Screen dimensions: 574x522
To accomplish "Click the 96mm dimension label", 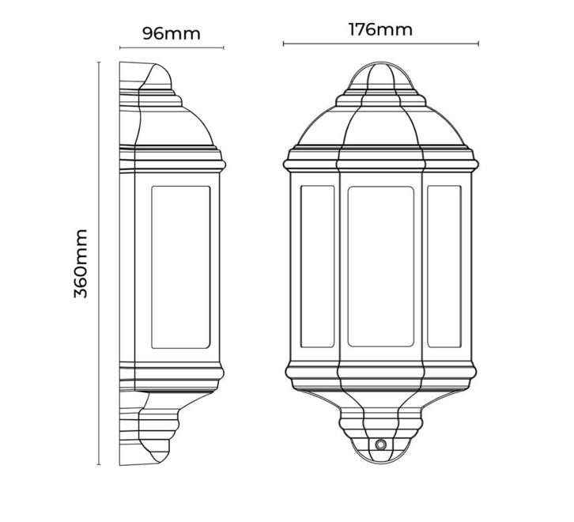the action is coord(172,34).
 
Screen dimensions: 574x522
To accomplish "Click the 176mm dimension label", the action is coord(380,30).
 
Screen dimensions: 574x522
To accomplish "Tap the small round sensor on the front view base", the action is coord(381,444).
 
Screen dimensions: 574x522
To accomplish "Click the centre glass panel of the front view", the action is coord(381,267).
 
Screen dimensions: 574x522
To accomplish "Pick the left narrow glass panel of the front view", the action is coord(317,267).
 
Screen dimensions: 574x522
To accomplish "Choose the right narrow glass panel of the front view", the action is coord(444,267).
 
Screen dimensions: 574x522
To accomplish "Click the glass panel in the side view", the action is coord(181,267).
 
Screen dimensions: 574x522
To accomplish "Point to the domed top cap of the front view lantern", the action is coord(381,75).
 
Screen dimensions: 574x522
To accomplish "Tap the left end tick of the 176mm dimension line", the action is coord(284,44).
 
